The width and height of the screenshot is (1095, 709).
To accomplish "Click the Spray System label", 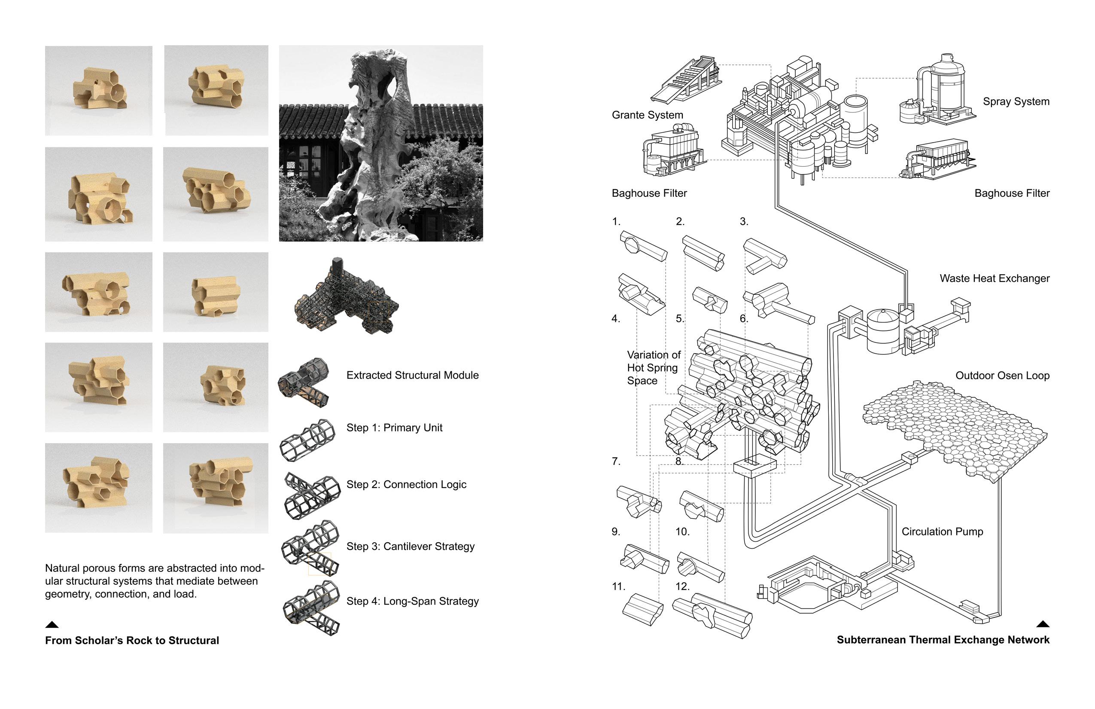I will pos(1016,102).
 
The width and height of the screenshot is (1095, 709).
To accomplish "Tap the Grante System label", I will pos(647,115).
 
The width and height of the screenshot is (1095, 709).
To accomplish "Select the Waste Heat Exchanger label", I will pos(994,278).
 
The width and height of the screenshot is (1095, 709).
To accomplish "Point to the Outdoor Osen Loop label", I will pos(1002,376).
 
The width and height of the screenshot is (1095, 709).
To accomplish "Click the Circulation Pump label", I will pos(942,532).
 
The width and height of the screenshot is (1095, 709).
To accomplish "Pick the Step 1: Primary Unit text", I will pos(394,428).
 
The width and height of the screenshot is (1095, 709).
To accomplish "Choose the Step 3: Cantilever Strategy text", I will pos(410,547).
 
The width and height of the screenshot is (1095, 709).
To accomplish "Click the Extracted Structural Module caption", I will pos(412,375).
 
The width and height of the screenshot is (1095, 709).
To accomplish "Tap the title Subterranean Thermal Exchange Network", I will pos(943,640).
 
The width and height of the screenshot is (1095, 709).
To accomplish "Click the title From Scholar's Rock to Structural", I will pos(132,640).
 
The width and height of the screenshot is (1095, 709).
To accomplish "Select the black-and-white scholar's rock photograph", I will pos(380,143).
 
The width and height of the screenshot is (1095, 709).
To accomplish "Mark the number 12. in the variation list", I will pos(682,587).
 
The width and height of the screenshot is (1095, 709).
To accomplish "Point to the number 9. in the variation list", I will pos(616,532).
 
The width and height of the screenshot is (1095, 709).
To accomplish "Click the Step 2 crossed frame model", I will pos(312,495).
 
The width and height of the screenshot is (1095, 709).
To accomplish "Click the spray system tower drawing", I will pos(939,95).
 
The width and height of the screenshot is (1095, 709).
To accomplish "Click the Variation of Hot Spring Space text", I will pos(653,368).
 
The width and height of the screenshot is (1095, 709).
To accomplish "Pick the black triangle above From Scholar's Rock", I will pos(52,625).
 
